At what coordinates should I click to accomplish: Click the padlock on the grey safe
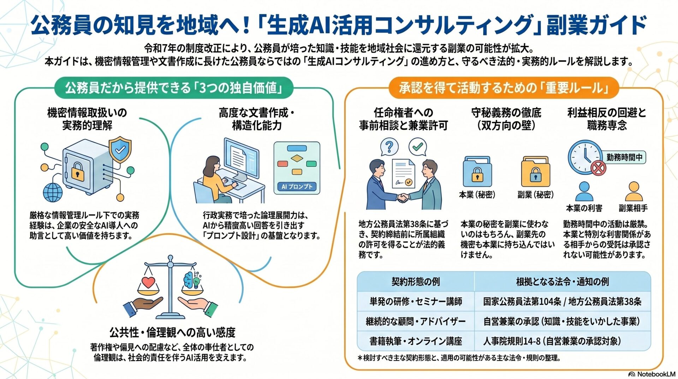(x=78, y=171)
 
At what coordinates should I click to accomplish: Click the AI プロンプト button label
(x=297, y=187)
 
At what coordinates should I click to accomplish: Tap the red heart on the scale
(x=148, y=283)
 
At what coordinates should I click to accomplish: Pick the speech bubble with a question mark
(x=389, y=146)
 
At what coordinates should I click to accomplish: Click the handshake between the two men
(x=403, y=198)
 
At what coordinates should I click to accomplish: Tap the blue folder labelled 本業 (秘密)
(x=477, y=173)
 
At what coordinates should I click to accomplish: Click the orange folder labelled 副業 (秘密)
(x=535, y=173)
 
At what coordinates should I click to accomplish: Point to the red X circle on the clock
(x=598, y=168)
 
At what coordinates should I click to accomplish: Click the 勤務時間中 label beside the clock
(x=624, y=157)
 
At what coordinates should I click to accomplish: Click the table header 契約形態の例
(x=416, y=282)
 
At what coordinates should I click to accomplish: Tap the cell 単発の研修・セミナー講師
(x=416, y=302)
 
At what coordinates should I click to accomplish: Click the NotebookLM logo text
(x=656, y=374)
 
